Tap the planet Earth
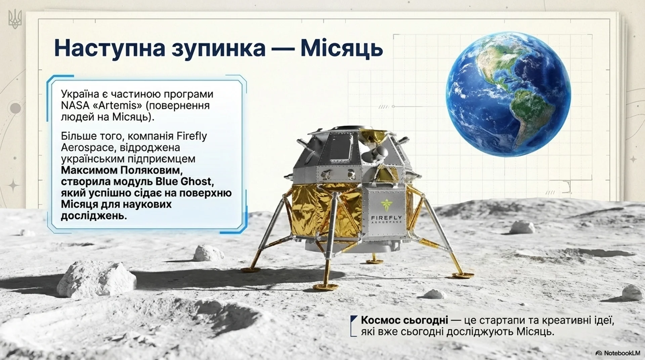(x=508, y=94)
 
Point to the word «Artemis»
(x=114, y=105)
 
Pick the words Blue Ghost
(x=184, y=182)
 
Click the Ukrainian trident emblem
(x=14, y=19)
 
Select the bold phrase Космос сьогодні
(x=404, y=320)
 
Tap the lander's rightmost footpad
(x=463, y=275)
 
